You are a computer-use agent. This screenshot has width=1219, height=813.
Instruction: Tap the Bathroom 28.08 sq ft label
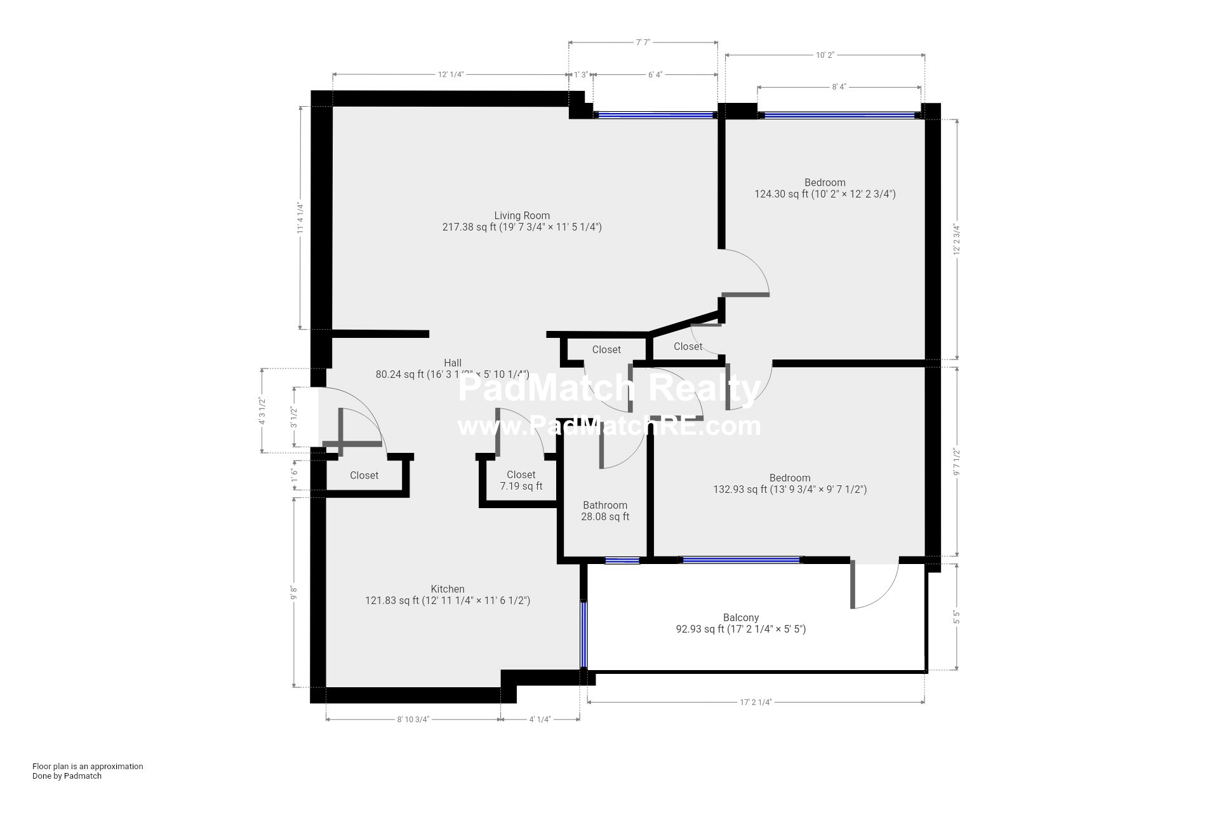[605, 511]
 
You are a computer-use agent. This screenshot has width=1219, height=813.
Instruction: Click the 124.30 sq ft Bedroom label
[825, 189]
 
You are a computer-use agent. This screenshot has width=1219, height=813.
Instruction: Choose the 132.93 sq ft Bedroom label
[790, 484]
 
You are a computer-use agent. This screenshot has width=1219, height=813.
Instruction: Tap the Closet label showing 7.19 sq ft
[521, 481]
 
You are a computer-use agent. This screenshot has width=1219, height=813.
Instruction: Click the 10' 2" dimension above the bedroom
[825, 55]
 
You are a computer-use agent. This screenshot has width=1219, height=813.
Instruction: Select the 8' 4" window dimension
[839, 87]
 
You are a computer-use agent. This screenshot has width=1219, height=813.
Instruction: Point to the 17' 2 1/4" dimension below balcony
[756, 702]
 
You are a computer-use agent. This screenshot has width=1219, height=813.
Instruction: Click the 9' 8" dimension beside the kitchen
[293, 593]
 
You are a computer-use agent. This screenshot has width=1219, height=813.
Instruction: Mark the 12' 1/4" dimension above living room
[451, 74]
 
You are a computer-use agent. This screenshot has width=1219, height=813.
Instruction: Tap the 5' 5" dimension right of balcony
[956, 617]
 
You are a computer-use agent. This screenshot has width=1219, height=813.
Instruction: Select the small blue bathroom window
[622, 560]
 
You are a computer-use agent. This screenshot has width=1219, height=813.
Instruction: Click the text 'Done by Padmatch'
[67, 776]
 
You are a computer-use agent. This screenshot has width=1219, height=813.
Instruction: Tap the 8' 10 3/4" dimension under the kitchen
[413, 720]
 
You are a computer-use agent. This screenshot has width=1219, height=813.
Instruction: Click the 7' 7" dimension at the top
[643, 43]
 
